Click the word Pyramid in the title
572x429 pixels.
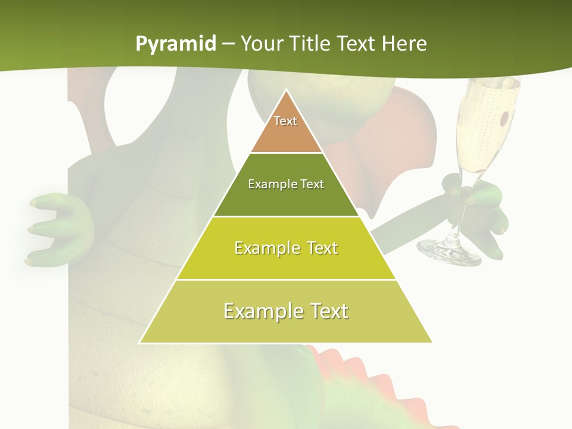point(175,44)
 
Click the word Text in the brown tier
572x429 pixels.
point(285,121)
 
